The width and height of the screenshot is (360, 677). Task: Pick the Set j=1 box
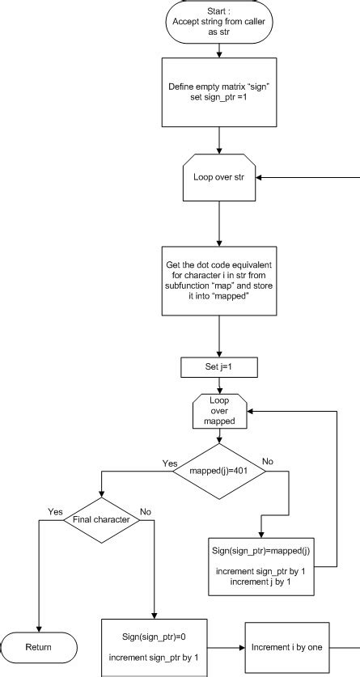[219, 368]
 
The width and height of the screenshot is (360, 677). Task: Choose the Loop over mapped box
[219, 411]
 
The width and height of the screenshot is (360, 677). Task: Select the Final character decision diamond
[102, 519]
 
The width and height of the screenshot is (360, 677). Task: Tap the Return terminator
[39, 647]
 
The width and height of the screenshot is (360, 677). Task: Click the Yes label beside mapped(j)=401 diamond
[171, 463]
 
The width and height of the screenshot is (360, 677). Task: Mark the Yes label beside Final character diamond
[55, 511]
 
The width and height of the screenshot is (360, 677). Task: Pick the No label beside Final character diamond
[146, 511]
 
